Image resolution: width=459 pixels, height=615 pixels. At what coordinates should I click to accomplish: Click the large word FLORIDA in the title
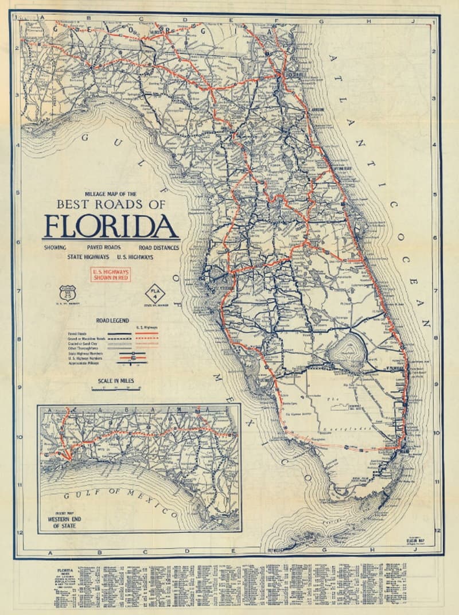tap(110, 226)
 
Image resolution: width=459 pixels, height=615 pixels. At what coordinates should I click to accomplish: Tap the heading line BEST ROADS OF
tap(111, 204)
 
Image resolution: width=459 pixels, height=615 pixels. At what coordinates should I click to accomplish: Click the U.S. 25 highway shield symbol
tap(67, 293)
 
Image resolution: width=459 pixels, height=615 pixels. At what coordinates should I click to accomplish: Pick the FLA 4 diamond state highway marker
tap(154, 293)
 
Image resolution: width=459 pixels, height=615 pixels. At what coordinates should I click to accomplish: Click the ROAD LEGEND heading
tap(112, 321)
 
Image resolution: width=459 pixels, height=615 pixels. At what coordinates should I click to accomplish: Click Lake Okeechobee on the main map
tap(348, 348)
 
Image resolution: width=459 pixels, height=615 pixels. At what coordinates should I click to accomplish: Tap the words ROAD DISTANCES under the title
tap(158, 248)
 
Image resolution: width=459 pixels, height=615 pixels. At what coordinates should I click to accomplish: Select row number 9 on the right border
tap(437, 386)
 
